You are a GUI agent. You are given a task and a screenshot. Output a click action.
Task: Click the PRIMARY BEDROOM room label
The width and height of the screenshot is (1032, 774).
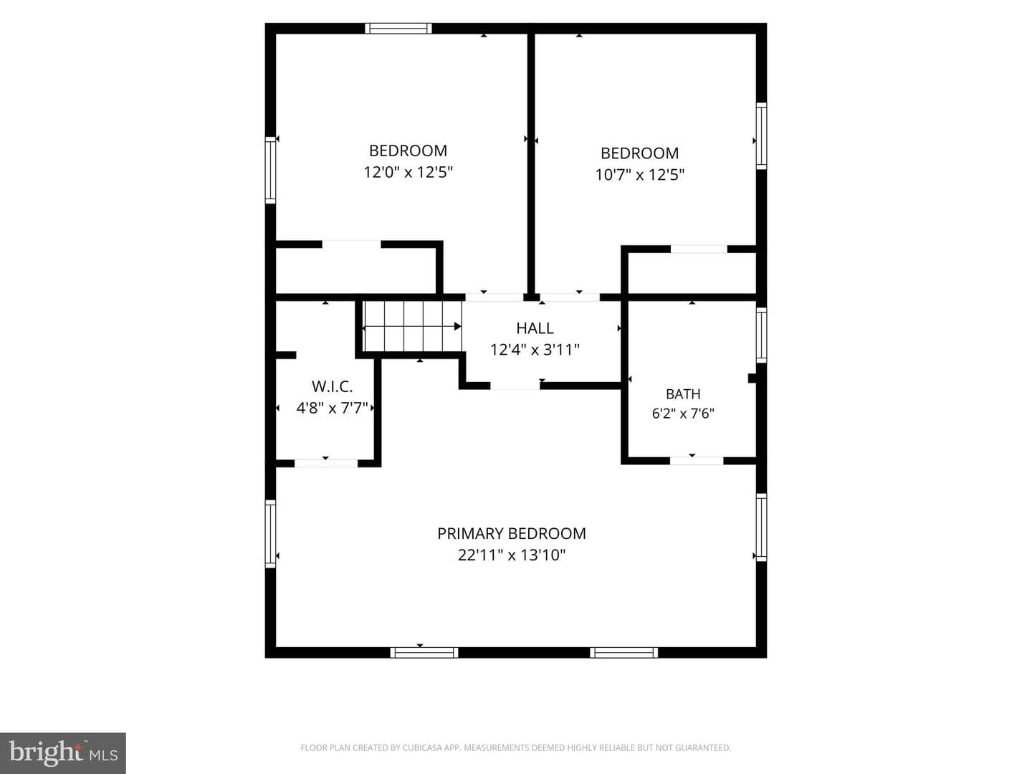click(512, 534)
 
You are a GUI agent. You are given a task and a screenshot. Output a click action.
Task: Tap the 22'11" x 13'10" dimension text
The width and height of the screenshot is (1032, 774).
click(512, 555)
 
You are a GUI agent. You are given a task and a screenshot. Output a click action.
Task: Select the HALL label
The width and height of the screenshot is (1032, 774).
click(535, 328)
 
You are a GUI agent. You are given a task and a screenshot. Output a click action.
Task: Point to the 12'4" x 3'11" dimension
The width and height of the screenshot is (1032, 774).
click(535, 350)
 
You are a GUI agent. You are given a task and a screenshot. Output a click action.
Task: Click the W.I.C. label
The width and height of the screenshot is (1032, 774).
click(332, 387)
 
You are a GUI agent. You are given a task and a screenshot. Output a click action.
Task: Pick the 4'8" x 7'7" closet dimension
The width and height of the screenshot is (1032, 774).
click(332, 408)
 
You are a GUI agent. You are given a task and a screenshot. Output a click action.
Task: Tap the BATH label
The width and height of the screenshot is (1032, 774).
click(683, 394)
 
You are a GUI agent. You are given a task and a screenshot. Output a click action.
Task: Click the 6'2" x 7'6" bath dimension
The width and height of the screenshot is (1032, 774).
click(683, 414)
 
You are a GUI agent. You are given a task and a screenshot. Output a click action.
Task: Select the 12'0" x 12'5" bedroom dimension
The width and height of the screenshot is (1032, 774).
click(408, 173)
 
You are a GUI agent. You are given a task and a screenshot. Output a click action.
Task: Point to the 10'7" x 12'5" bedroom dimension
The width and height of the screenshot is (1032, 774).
click(639, 175)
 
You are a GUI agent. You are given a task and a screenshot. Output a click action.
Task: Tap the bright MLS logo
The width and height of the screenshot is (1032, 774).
click(63, 753)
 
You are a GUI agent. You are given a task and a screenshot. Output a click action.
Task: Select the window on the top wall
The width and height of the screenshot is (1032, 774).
click(398, 28)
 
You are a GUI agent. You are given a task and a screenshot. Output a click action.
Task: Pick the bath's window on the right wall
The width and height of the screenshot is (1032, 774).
click(761, 335)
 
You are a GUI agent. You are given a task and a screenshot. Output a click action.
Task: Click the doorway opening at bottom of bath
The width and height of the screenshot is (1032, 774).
click(697, 461)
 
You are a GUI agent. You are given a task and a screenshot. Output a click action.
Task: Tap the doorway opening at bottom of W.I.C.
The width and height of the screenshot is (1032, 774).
click(326, 464)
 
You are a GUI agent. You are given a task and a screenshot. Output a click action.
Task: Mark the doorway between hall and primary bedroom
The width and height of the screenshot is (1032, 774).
click(515, 386)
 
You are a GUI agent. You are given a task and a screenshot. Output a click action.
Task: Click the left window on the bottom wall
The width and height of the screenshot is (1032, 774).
click(424, 653)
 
